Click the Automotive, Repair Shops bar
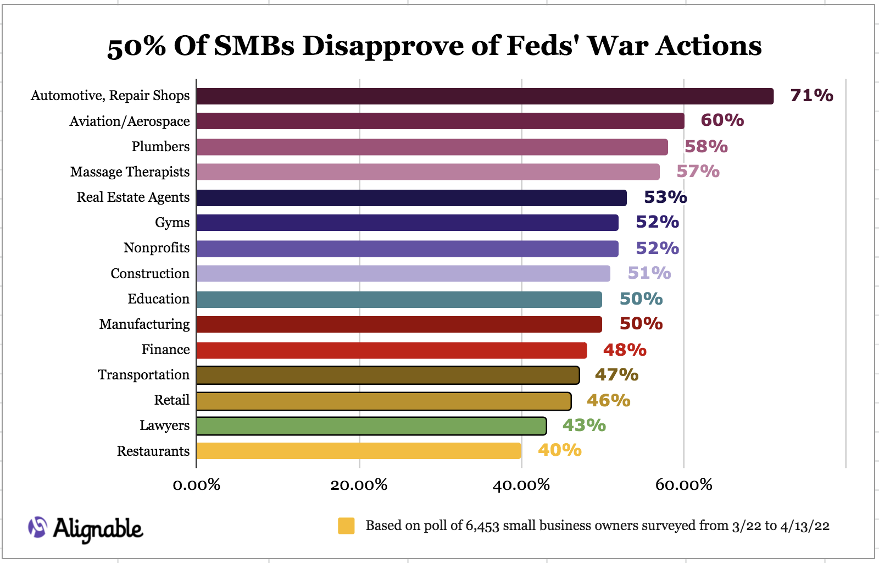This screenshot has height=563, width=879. [x=485, y=96]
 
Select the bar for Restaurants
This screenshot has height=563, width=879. [x=358, y=451]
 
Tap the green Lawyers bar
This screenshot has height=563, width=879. [x=371, y=426]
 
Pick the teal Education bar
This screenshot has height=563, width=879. [x=399, y=300]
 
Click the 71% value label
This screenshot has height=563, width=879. [x=811, y=96]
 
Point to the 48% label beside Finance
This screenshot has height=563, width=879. [x=625, y=350]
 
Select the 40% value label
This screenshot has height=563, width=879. [x=559, y=450]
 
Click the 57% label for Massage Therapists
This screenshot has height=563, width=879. [x=698, y=172]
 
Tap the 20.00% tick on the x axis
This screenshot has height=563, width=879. [x=359, y=485]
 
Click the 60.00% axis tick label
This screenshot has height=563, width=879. [x=683, y=485]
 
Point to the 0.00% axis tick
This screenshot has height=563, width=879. [x=196, y=485]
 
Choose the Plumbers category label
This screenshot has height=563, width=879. [x=160, y=147]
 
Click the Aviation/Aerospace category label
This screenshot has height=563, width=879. [x=130, y=122]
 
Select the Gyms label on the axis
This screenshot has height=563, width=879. [x=172, y=223]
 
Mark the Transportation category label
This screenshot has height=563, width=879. [x=143, y=375]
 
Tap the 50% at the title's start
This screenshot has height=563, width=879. [x=136, y=47]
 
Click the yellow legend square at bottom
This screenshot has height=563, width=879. [x=346, y=526]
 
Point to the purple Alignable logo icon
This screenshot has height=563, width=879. [x=38, y=527]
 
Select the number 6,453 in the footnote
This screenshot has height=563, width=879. [x=482, y=526]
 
